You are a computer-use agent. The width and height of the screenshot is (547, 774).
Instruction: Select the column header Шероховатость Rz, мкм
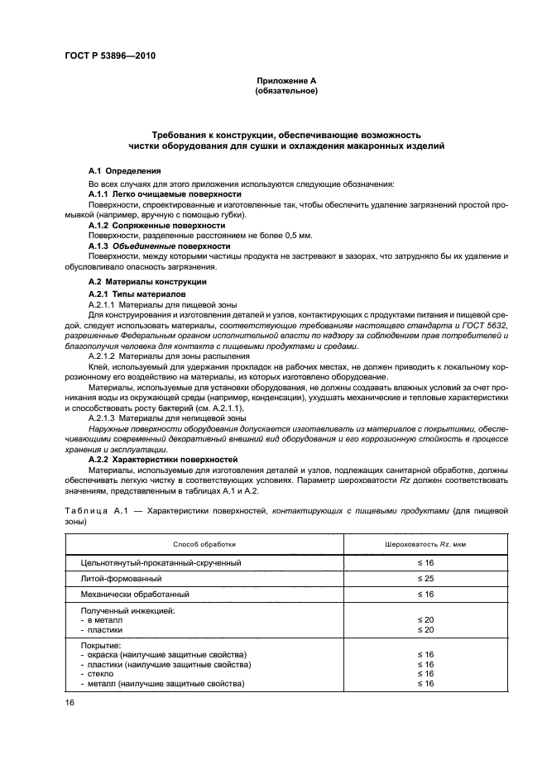point(425,543)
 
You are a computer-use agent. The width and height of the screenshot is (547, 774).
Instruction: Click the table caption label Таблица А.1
point(103,513)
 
